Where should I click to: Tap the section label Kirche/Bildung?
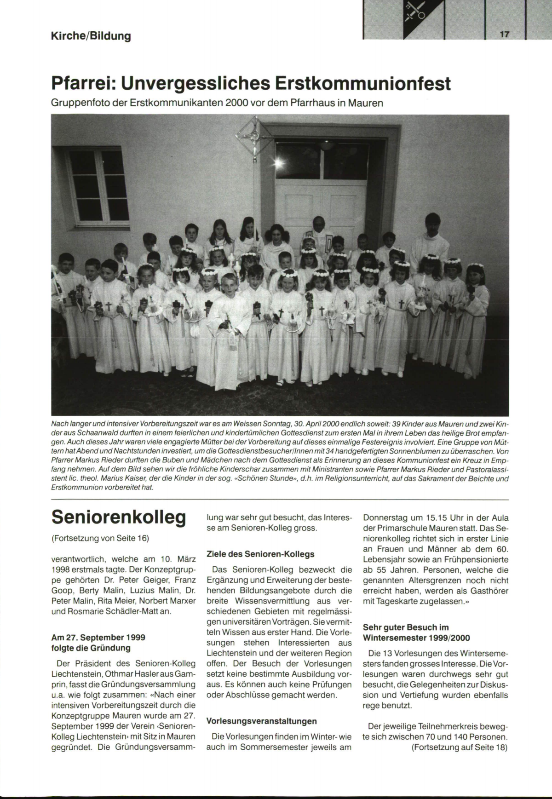pos(91,35)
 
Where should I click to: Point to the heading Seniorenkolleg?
pos(119,517)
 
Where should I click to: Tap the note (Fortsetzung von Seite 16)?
pos(101,538)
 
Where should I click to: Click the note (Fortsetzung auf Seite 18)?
pos(460,747)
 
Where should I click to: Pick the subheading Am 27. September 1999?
pos(98,638)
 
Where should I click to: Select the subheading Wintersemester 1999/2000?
pos(416,638)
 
